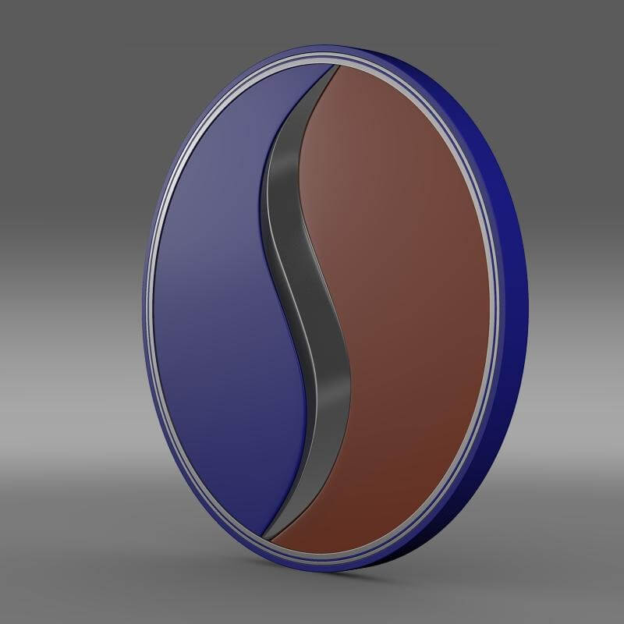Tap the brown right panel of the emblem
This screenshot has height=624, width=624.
[x=406, y=296]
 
